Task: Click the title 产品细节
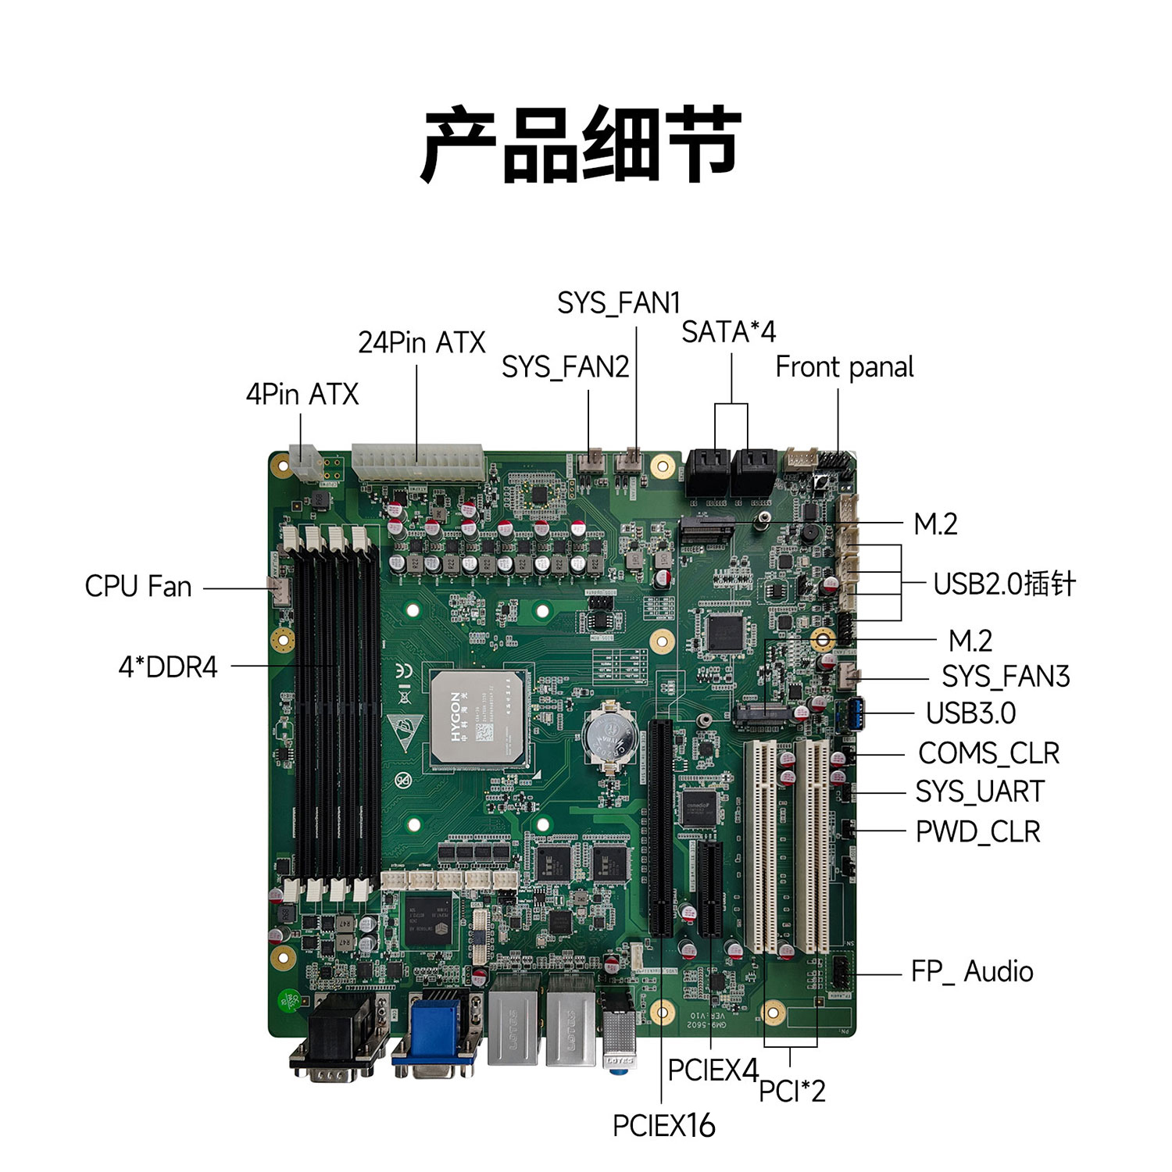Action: pyautogui.click(x=581, y=145)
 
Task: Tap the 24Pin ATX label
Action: pyautogui.click(x=422, y=342)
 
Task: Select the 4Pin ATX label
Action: pyautogui.click(x=302, y=395)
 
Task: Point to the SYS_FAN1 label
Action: pyautogui.click(x=619, y=303)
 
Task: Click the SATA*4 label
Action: pyautogui.click(x=729, y=332)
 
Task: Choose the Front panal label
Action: pyautogui.click(x=845, y=367)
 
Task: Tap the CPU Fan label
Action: pyautogui.click(x=138, y=586)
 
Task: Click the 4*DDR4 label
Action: pyautogui.click(x=168, y=667)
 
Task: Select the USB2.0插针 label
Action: pyautogui.click(x=1005, y=584)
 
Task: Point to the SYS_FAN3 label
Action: pyautogui.click(x=1006, y=677)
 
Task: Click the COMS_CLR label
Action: pyautogui.click(x=989, y=754)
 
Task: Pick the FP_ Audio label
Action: pyautogui.click(x=973, y=972)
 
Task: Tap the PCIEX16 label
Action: pyautogui.click(x=664, y=1126)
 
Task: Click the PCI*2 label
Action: pyautogui.click(x=792, y=1091)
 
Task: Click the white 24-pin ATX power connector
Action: pyautogui.click(x=417, y=464)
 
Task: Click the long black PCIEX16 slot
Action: pyautogui.click(x=660, y=828)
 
